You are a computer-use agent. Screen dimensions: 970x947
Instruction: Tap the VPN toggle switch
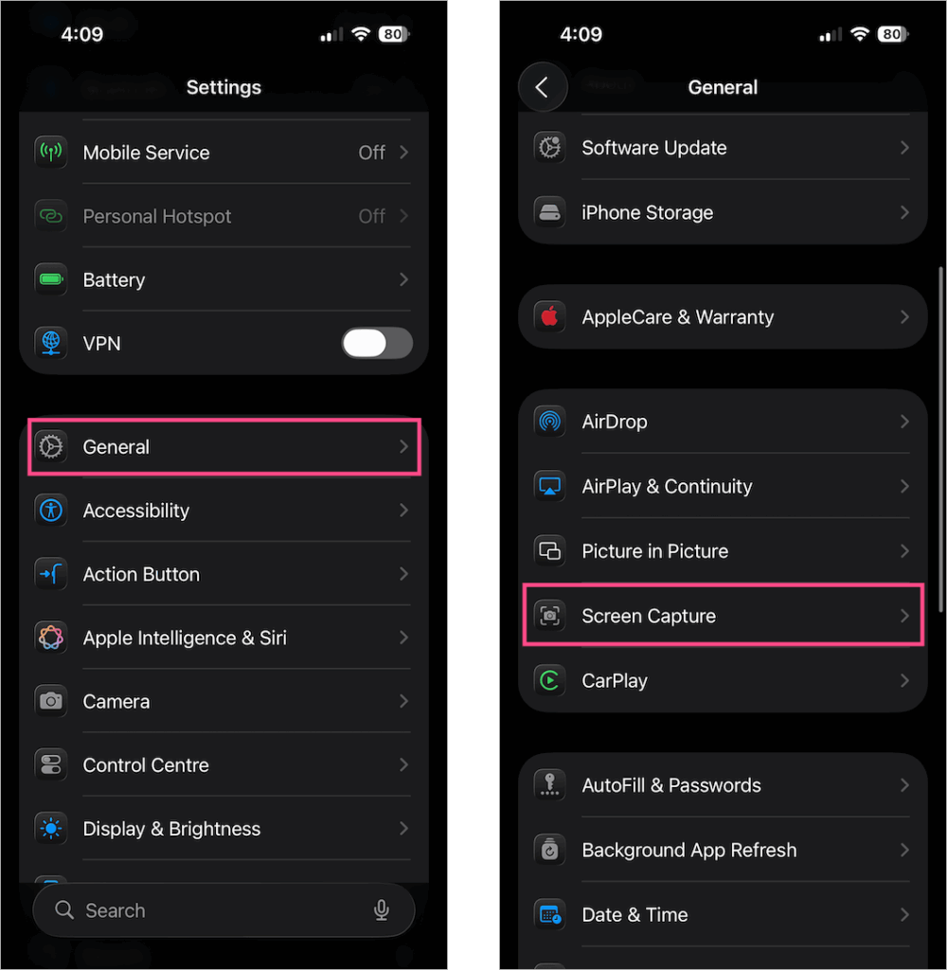377,343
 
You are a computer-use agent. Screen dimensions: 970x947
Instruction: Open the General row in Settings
224,446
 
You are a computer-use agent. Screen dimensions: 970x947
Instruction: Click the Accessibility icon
51,511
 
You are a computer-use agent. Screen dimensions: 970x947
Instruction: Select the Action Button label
141,574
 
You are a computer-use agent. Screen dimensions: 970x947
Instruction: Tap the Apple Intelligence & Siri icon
51,638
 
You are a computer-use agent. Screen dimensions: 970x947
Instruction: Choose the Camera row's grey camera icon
51,701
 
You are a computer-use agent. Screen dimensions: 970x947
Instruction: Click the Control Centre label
146,765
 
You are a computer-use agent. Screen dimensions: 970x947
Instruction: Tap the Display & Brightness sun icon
51,829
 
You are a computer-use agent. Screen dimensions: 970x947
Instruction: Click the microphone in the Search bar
382,910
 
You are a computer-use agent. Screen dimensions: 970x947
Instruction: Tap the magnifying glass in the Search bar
64,910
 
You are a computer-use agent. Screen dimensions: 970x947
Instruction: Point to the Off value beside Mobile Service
371,153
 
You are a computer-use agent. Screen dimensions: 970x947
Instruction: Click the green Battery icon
51,279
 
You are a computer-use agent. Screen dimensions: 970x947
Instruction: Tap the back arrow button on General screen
542,87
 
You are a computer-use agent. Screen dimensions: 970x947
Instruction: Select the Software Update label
654,148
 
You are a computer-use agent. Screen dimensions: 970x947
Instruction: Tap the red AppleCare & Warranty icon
549,317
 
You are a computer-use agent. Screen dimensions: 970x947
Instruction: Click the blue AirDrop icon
549,422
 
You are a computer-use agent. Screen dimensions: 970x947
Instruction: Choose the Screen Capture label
649,616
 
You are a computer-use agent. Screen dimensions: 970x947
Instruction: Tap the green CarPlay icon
549,680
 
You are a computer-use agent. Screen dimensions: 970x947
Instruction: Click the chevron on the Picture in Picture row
904,551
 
